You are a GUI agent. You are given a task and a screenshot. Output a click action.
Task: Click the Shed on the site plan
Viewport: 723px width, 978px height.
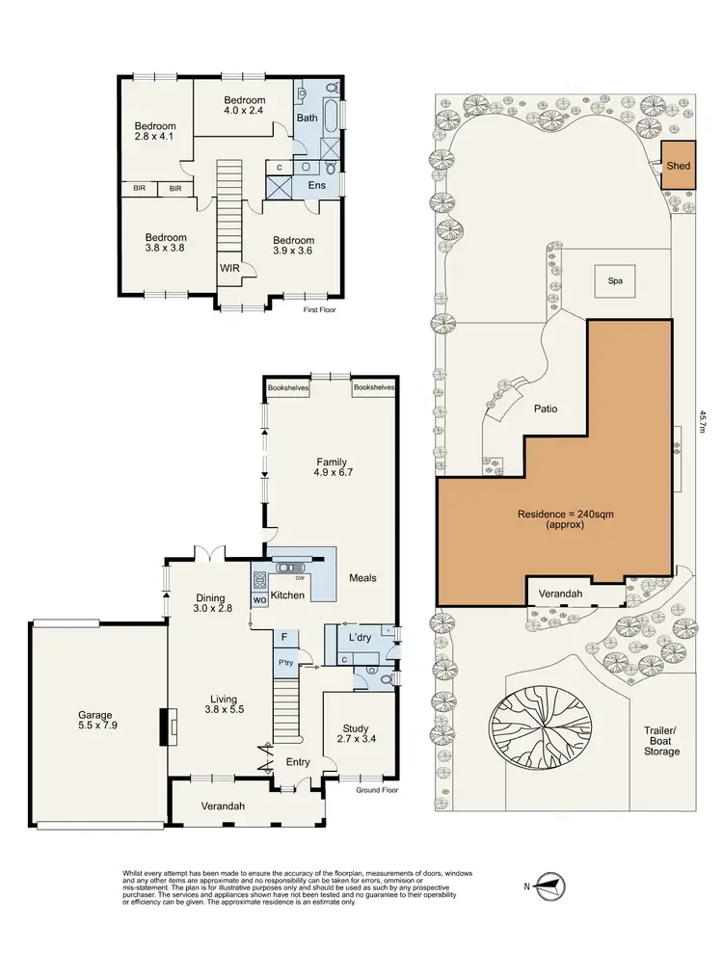[x=679, y=166]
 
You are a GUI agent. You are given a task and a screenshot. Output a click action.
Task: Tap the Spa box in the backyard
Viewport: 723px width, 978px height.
[x=615, y=281]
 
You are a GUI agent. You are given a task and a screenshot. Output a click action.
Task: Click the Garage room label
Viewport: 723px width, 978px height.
[x=94, y=722]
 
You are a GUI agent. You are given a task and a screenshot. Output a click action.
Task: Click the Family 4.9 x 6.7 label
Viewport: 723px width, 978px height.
[x=330, y=467]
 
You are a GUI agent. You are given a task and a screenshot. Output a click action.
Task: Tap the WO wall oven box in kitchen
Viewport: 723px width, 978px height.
[x=259, y=600]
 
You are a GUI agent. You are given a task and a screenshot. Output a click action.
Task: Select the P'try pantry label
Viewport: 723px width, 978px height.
[x=285, y=663]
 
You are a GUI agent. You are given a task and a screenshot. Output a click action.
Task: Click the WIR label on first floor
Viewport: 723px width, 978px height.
[x=229, y=268]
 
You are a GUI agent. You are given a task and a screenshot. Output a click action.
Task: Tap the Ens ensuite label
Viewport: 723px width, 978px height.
[x=316, y=185]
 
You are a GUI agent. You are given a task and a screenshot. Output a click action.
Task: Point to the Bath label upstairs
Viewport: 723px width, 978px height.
[x=307, y=118]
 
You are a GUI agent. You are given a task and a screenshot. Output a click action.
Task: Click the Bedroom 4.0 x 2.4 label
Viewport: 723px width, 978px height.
[x=244, y=106]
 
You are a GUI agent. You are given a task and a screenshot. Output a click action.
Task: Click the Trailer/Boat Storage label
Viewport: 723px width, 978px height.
[x=663, y=740]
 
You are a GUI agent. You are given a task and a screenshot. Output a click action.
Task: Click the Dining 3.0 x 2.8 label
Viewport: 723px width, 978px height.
[x=213, y=603]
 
